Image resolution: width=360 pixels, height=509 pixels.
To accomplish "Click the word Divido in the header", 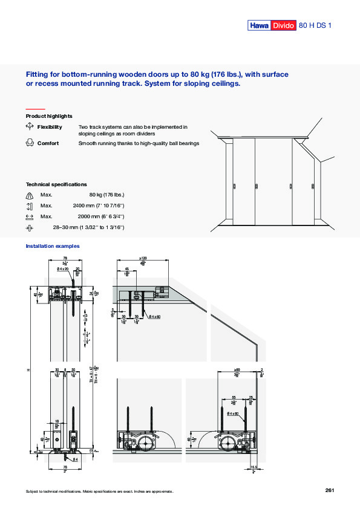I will tap(283, 25).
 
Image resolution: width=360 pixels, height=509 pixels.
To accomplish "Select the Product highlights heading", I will tap(49, 116).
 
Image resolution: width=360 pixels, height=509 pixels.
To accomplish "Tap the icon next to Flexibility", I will tap(30, 127).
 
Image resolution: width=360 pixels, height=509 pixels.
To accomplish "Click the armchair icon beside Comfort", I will tap(30, 143).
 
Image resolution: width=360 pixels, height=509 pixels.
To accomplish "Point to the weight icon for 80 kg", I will tap(30, 195).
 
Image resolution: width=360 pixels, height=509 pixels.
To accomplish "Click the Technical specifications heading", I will tap(56, 184).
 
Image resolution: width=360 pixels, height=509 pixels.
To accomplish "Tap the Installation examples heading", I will tap(53, 246).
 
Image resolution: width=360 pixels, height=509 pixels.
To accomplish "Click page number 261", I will tap(330, 490).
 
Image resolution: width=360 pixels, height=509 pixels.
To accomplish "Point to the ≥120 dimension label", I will tap(143, 259).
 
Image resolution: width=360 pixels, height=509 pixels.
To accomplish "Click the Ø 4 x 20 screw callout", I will tap(63, 269).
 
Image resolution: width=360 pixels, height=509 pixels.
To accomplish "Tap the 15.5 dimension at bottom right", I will tap(254, 467).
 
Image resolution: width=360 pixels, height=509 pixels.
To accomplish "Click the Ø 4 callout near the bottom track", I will tap(76, 461).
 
